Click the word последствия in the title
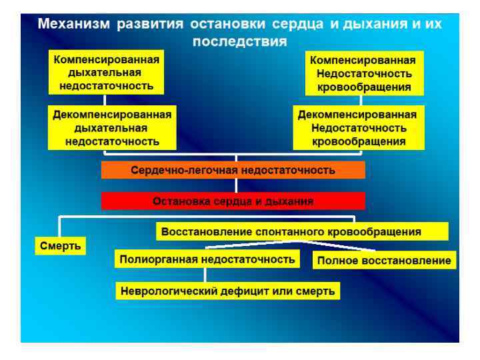[240, 41]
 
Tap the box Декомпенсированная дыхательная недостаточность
[112, 127]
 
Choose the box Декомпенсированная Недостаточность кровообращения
[359, 127]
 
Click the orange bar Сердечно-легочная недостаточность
[233, 170]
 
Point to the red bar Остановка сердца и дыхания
[233, 200]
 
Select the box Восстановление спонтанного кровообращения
[301, 232]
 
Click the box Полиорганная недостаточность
[206, 259]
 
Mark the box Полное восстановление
[384, 260]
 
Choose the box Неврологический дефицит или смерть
[227, 291]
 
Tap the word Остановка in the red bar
[180, 200]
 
